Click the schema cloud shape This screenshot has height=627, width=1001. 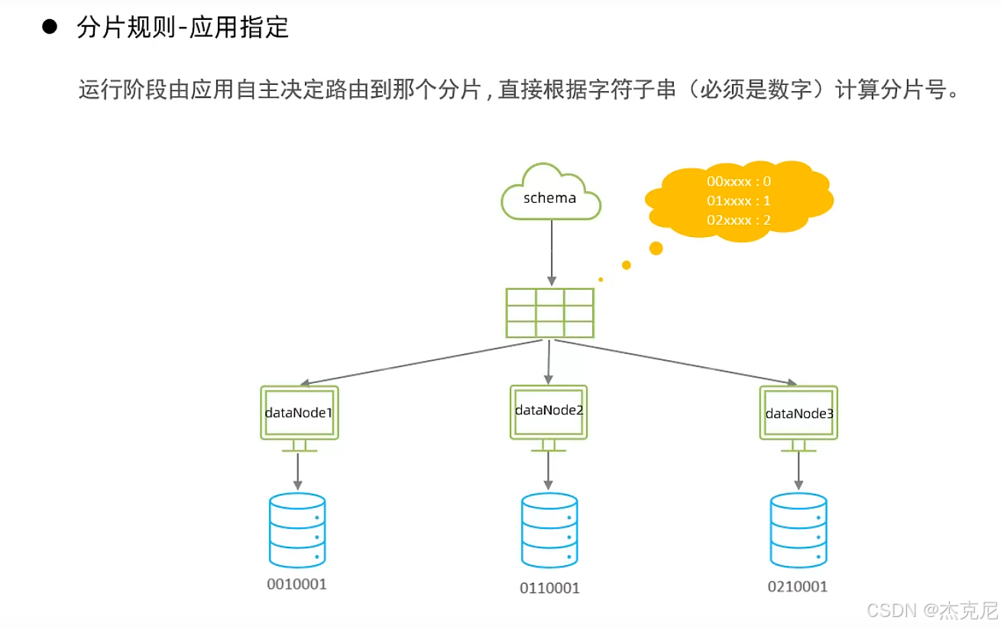[550, 193]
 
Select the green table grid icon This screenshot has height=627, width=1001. [549, 313]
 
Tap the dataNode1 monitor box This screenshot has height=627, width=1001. [298, 413]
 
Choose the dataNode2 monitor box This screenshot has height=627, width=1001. [548, 411]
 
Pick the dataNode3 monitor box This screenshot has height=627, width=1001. [799, 413]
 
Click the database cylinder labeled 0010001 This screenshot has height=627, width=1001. [297, 529]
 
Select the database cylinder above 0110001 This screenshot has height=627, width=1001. [549, 530]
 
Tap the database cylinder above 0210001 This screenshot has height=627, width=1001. [799, 530]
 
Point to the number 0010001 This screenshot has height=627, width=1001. [296, 585]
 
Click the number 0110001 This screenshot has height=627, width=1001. [549, 588]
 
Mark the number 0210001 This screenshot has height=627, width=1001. [798, 586]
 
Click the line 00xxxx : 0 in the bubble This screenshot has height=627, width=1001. [738, 182]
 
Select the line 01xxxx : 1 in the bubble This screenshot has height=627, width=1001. [738, 200]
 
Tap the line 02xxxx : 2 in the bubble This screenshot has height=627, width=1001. [738, 219]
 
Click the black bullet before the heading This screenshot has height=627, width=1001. [50, 28]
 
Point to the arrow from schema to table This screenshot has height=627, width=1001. [550, 252]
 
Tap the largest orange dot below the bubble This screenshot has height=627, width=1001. [656, 248]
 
